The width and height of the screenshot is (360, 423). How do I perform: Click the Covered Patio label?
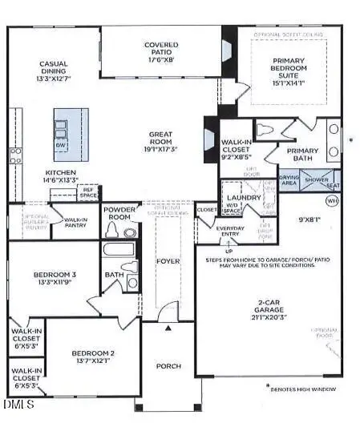(161, 45)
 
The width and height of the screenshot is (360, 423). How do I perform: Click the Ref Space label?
(88, 191)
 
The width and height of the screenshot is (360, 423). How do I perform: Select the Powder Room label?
(119, 211)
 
